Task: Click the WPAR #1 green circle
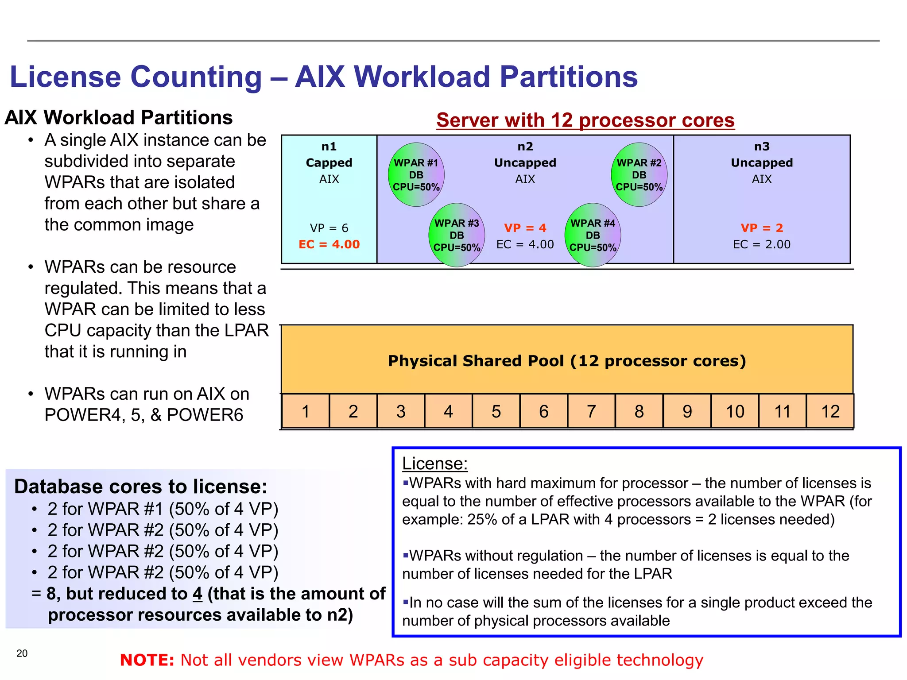(416, 175)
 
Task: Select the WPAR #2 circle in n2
(639, 175)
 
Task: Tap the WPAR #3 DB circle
(457, 235)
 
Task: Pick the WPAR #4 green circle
(593, 235)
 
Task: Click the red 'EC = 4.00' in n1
(329, 244)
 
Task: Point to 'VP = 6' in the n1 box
(329, 228)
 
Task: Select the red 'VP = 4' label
(525, 228)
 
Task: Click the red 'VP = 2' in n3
(762, 228)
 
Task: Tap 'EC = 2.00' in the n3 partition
(762, 244)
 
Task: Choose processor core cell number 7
(591, 412)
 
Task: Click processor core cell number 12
(830, 412)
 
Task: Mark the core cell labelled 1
(305, 412)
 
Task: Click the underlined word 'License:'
(434, 464)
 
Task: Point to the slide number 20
(22, 653)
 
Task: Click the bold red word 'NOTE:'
(147, 660)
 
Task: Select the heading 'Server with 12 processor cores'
(585, 120)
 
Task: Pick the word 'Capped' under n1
(329, 163)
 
